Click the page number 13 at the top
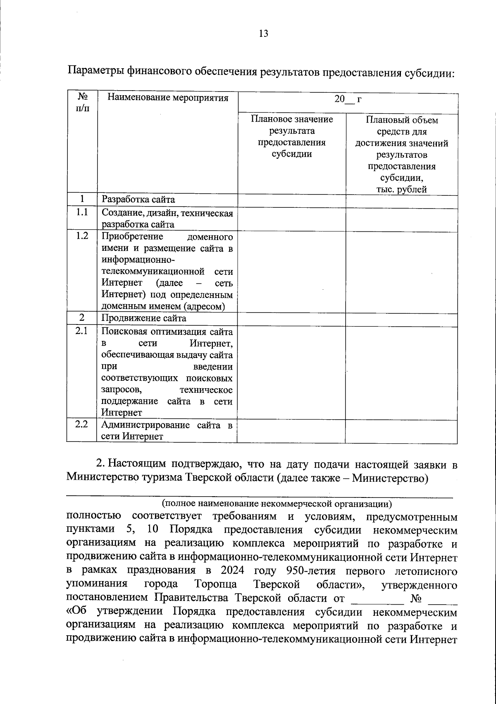[x=263, y=34]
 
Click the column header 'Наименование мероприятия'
[x=167, y=98]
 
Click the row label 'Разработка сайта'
[x=138, y=199]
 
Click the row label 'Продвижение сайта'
[x=144, y=318]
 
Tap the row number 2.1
[x=82, y=331]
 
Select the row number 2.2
[x=82, y=424]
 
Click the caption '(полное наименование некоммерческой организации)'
[x=277, y=504]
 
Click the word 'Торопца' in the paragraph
[x=215, y=584]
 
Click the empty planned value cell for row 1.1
[x=291, y=219]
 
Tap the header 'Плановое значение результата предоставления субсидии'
[x=291, y=137]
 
